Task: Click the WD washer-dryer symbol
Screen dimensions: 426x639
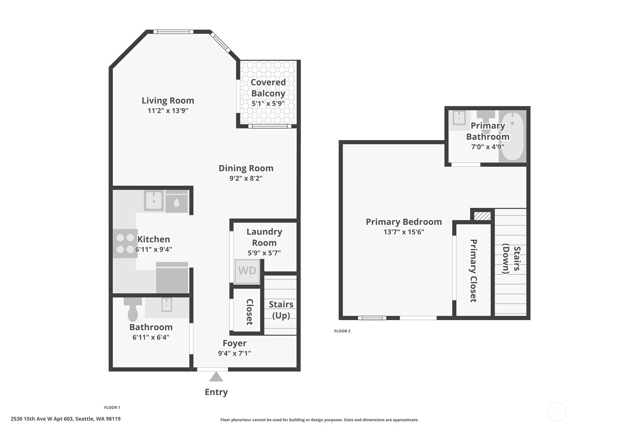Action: (247, 271)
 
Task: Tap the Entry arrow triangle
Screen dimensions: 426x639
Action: (216, 377)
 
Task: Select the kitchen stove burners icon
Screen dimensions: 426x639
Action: (125, 243)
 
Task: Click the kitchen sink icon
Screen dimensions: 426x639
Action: (154, 201)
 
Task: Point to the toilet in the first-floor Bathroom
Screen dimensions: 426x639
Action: (133, 311)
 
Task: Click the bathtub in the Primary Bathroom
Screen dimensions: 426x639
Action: (512, 136)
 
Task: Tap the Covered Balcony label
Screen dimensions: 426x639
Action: (268, 88)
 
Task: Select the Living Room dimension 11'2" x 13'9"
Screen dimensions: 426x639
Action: (168, 111)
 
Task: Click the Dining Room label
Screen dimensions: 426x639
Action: (246, 168)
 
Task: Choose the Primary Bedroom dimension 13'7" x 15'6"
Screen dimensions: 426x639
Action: (404, 232)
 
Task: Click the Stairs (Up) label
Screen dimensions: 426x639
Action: (281, 310)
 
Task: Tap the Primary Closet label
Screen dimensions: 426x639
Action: (473, 270)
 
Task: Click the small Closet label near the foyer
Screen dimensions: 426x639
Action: (249, 311)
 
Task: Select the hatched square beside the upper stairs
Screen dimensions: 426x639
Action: (482, 216)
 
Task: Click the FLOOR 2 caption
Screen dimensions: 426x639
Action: (342, 331)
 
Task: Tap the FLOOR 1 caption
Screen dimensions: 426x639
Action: (112, 408)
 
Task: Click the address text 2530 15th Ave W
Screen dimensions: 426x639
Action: (66, 419)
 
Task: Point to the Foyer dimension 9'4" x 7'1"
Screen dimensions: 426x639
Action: (234, 353)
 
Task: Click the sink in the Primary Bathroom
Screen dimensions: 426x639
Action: (459, 118)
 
